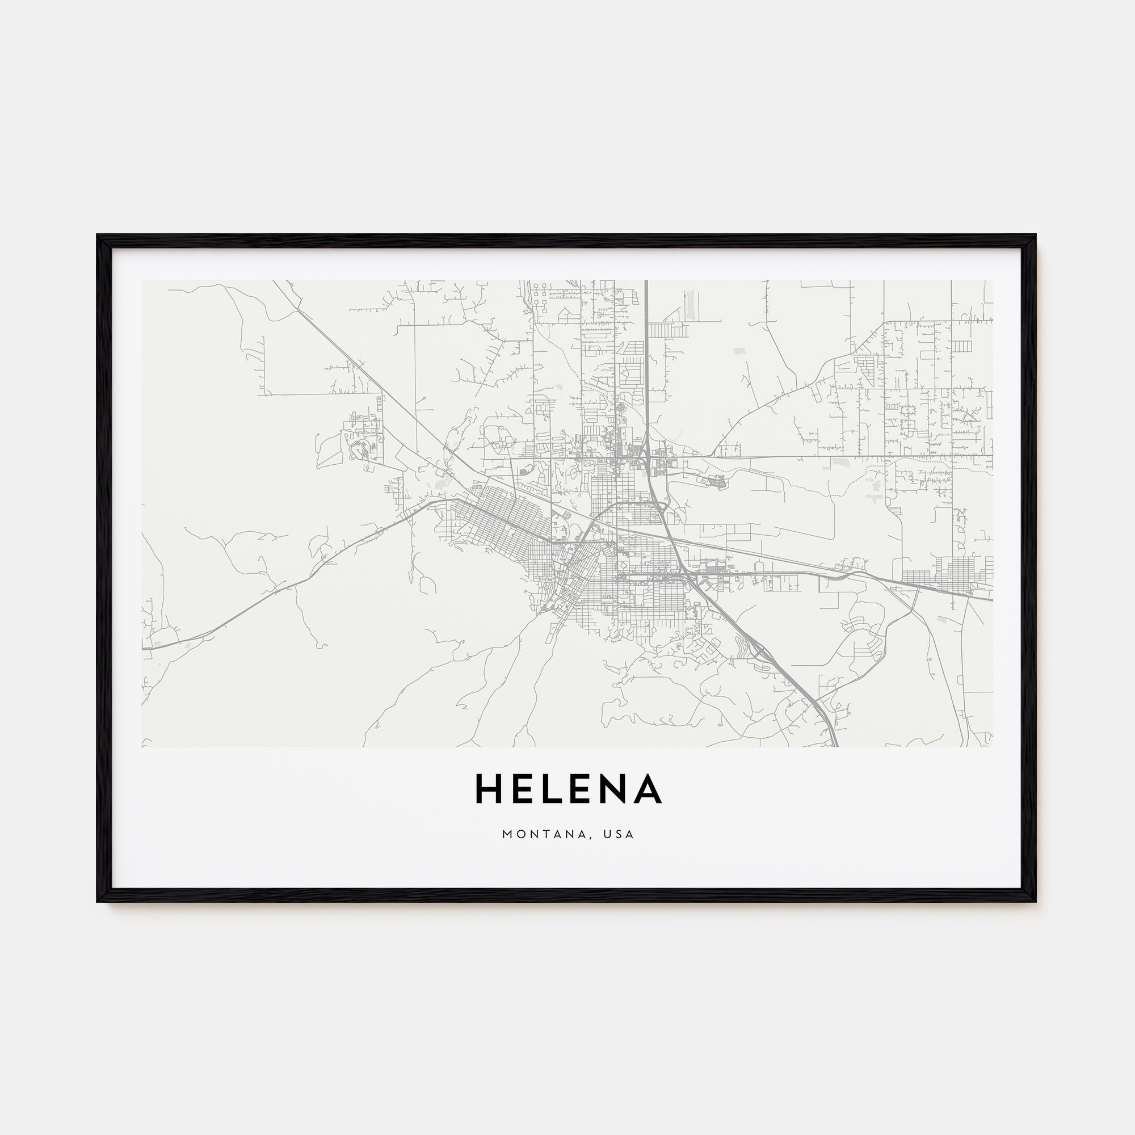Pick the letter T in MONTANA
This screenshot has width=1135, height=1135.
pyautogui.click(x=548, y=834)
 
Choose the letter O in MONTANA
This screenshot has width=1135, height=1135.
pyautogui.click(x=520, y=834)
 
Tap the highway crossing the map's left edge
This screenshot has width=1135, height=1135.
pyautogui.click(x=144, y=649)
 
